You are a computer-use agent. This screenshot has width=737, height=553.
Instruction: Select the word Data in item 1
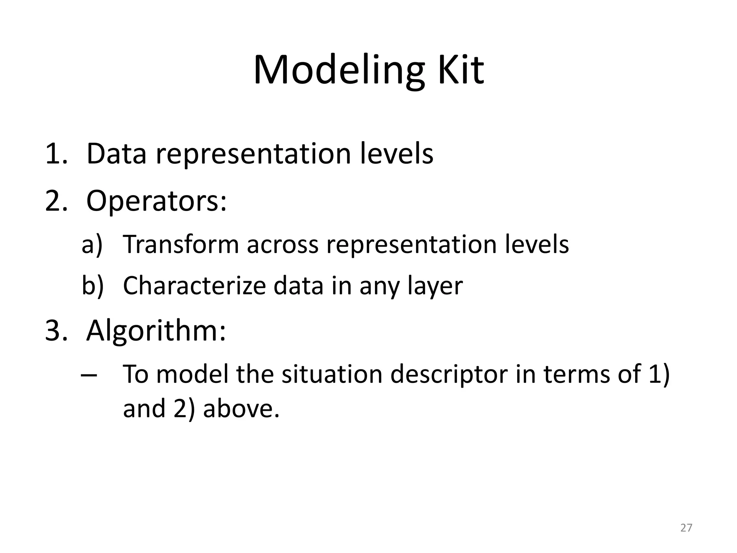pos(116,154)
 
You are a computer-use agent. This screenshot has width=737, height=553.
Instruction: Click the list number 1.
pos(55,154)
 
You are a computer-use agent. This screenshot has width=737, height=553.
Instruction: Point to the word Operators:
pos(157,202)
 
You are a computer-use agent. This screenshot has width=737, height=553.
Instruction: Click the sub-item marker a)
pos(92,244)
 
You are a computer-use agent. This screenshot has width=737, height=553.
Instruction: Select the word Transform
pos(181,244)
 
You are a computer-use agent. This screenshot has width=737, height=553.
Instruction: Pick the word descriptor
pos(449,375)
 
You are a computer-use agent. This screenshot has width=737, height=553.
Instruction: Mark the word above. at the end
pos(241,409)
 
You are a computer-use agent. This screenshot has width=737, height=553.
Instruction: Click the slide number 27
pos(686,528)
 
